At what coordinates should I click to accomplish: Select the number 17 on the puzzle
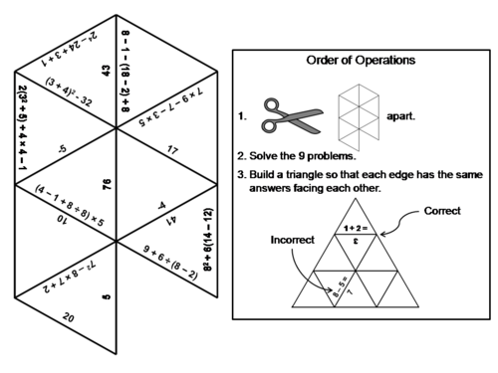pyautogui.click(x=171, y=151)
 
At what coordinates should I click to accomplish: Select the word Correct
pyautogui.click(x=442, y=211)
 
